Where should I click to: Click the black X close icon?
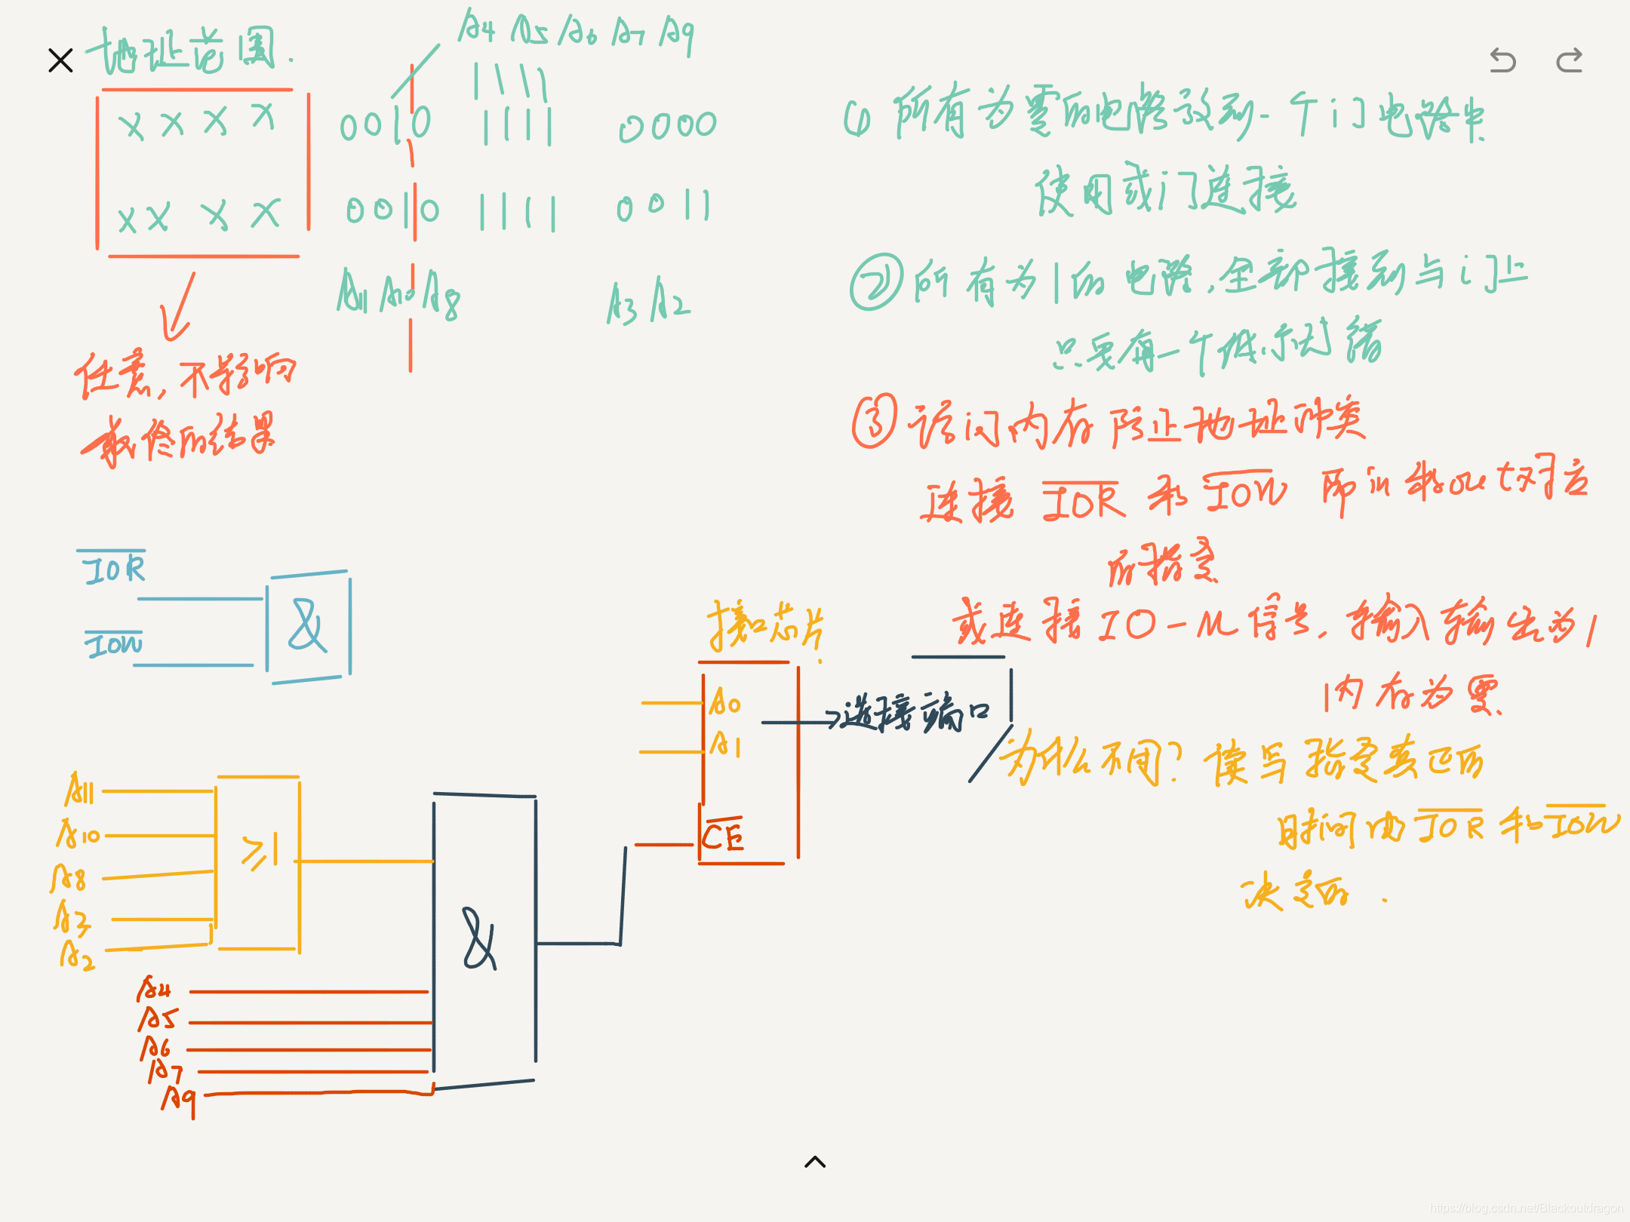coord(60,60)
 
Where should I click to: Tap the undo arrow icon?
coord(1502,60)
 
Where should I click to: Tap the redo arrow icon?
coord(1570,60)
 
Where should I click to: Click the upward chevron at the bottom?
coord(815,1162)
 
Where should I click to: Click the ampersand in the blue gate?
coord(307,626)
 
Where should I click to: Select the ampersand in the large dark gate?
coord(480,939)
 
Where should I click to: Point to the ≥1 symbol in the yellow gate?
coord(259,852)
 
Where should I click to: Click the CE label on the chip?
coord(722,836)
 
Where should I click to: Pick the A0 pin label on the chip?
coord(725,702)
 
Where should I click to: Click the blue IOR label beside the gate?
coord(113,568)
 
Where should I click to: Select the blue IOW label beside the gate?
coord(113,644)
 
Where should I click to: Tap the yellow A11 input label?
coord(79,791)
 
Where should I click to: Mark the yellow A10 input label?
coord(78,834)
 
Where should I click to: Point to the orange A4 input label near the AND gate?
coord(154,988)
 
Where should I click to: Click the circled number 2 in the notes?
coord(876,282)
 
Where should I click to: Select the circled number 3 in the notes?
coord(875,421)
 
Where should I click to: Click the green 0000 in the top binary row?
coord(668,127)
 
